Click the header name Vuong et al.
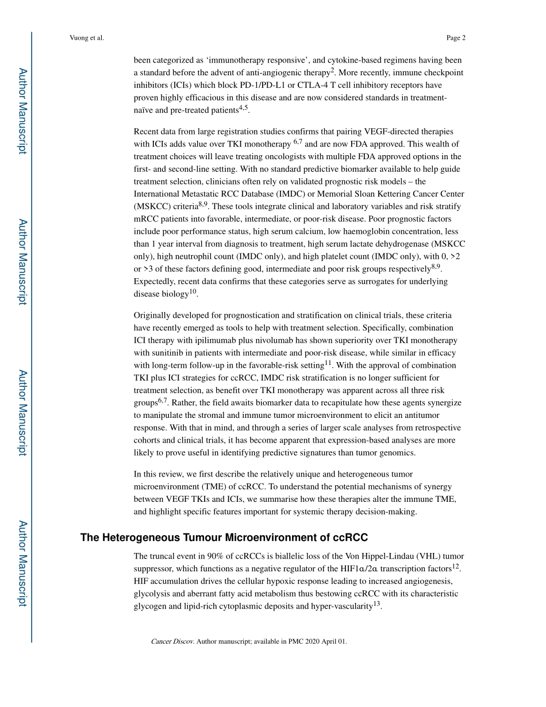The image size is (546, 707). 86,39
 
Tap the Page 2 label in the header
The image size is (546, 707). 455,39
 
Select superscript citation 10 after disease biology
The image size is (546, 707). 193,291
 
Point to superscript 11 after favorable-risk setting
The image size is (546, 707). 328,363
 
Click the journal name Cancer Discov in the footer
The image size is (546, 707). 172,641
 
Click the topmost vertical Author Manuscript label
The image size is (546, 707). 22,110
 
